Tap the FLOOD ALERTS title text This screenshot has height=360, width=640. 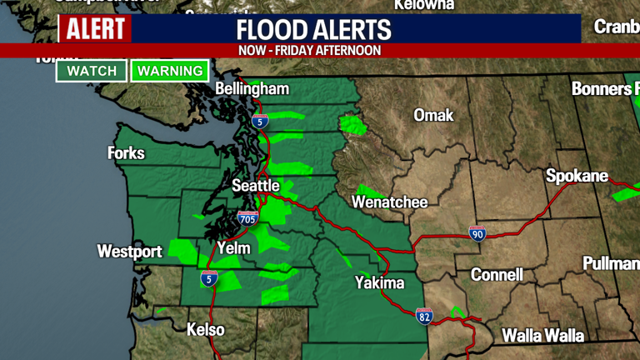coord(314,30)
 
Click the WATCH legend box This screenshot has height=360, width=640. coord(92,71)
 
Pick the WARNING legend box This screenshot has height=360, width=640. coord(170,71)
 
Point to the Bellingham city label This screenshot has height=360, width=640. coord(252,89)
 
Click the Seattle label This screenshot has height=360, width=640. coord(256,185)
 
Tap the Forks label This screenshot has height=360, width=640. coord(126,153)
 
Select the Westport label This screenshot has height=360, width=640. coord(129,251)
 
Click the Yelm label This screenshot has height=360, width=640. coord(233,247)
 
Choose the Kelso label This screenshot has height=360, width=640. coord(205,329)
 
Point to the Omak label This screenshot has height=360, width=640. coord(433,115)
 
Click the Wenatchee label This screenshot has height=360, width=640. coord(389,202)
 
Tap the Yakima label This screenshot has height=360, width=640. coord(379,283)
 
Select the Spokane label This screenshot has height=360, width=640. coord(573,176)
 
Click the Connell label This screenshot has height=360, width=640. coord(497,274)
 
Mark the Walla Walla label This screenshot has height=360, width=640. coord(542,336)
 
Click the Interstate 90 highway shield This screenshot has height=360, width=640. coord(477,233)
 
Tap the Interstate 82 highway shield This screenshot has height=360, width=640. coord(424,316)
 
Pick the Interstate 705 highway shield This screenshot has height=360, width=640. coord(247,218)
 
